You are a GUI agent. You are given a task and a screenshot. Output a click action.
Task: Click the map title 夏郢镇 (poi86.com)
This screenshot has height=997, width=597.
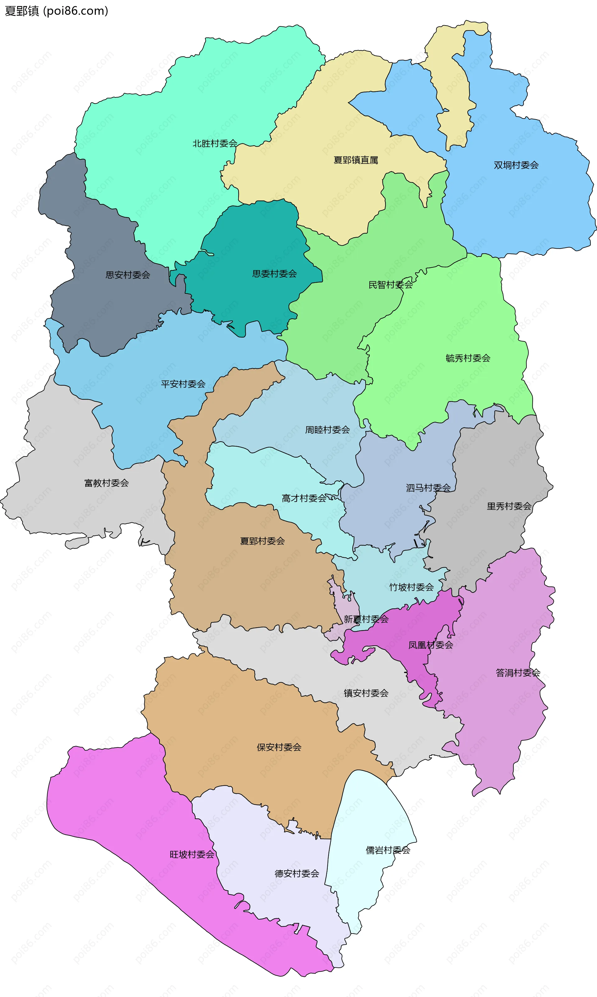pyautogui.click(x=56, y=11)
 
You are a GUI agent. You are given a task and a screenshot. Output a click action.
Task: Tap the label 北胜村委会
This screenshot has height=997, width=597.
pyautogui.click(x=215, y=143)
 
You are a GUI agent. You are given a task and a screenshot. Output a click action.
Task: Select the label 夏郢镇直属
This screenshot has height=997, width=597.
pyautogui.click(x=356, y=160)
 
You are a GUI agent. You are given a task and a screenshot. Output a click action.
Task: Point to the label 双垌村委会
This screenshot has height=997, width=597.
pyautogui.click(x=516, y=165)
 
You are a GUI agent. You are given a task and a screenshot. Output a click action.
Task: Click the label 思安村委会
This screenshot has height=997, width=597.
pyautogui.click(x=127, y=275)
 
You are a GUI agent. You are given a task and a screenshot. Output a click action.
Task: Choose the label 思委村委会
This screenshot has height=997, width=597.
pyautogui.click(x=274, y=274)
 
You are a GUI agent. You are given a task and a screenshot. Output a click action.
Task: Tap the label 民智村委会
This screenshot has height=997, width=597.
pyautogui.click(x=391, y=285)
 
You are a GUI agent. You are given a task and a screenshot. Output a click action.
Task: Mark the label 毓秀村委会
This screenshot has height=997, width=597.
pyautogui.click(x=468, y=358)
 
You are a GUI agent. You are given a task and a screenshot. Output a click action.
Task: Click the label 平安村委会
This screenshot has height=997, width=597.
pyautogui.click(x=183, y=384)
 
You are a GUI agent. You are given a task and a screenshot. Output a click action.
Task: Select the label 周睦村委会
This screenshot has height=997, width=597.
pyautogui.click(x=327, y=430)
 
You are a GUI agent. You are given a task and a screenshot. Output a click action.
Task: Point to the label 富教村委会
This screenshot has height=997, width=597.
pyautogui.click(x=106, y=483)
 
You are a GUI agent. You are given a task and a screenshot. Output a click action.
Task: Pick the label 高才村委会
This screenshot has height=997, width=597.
pyautogui.click(x=304, y=498)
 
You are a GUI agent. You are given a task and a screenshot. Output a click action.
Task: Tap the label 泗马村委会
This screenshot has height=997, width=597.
pyautogui.click(x=428, y=488)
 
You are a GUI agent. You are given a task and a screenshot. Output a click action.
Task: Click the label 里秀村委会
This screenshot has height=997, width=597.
pyautogui.click(x=509, y=506)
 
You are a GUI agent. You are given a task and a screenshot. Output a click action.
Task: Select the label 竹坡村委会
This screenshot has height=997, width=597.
pyautogui.click(x=411, y=587)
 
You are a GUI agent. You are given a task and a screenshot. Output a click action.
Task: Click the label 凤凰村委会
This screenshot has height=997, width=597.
pyautogui.click(x=430, y=645)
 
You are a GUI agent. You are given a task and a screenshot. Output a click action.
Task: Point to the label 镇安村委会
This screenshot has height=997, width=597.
pyautogui.click(x=366, y=693)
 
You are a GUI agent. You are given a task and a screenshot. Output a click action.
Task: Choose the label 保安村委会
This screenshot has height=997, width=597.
pyautogui.click(x=279, y=747)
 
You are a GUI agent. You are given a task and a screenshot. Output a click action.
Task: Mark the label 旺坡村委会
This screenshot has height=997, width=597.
pyautogui.click(x=192, y=854)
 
